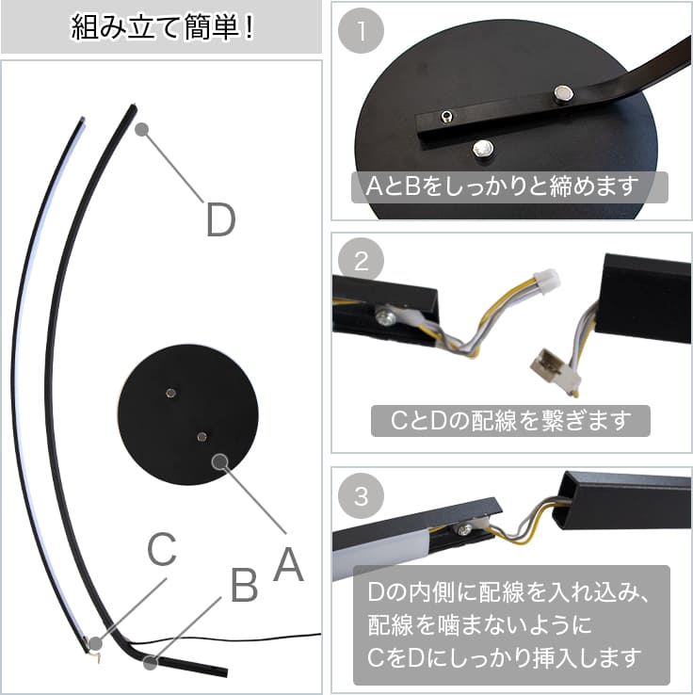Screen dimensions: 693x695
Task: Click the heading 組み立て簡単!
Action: tap(162, 27)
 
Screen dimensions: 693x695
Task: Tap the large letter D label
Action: tap(220, 219)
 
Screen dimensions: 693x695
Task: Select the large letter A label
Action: tap(289, 564)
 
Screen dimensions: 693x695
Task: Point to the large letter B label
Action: tap(244, 585)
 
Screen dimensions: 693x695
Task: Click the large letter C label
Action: tap(162, 549)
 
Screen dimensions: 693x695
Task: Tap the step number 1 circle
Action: tap(361, 30)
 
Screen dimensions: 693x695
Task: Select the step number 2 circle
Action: tap(361, 261)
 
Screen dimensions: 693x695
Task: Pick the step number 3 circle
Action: tap(361, 495)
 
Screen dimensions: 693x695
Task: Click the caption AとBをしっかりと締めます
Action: tap(503, 186)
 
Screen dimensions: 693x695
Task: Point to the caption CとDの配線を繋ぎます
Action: tap(510, 421)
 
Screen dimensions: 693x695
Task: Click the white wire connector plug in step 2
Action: tap(547, 280)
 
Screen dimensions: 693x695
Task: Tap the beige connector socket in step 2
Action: tap(556, 367)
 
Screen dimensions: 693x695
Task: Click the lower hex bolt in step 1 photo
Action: tap(483, 149)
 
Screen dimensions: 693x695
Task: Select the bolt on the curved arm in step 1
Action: tap(564, 93)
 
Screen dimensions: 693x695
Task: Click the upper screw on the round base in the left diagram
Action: tap(170, 393)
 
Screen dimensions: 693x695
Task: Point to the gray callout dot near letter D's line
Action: tap(141, 129)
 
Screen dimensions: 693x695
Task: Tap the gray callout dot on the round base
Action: tap(219, 461)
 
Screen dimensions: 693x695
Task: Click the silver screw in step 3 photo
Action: tap(464, 529)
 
